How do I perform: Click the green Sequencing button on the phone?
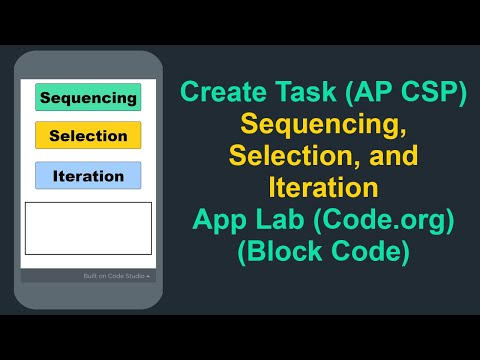[88, 97]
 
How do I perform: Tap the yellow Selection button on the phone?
[88, 135]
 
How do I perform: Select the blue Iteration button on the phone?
[88, 176]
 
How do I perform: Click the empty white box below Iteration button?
[88, 228]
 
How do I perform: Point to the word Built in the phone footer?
[91, 275]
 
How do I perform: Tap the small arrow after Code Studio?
[148, 275]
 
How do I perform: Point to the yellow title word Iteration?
[322, 188]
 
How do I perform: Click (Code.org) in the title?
[380, 220]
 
